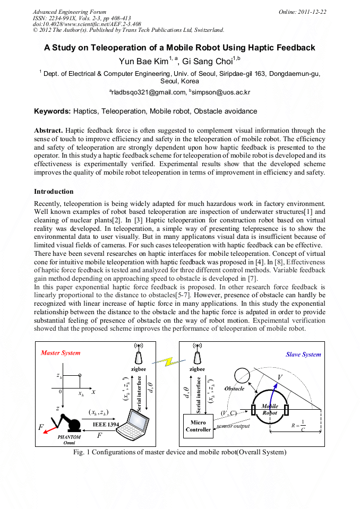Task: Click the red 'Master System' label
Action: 61,353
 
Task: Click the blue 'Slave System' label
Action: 303,355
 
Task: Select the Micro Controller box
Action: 198,426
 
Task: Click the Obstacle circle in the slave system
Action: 242,375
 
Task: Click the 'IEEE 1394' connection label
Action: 106,425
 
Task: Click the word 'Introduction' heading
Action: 54,191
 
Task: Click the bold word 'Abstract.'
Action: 48,130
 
